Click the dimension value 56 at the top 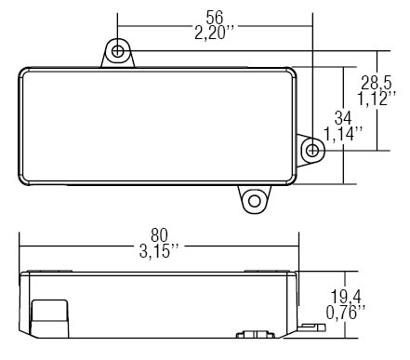pos(215,18)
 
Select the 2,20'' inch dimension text pos(214,33)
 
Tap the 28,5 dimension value pos(377,83)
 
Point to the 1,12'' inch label pos(376,99)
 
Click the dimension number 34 pos(343,118)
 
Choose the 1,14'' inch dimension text pos(343,134)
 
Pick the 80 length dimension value pos(159,235)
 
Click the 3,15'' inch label pos(159,251)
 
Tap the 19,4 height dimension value pos(346,297)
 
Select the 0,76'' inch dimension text pos(345,313)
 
